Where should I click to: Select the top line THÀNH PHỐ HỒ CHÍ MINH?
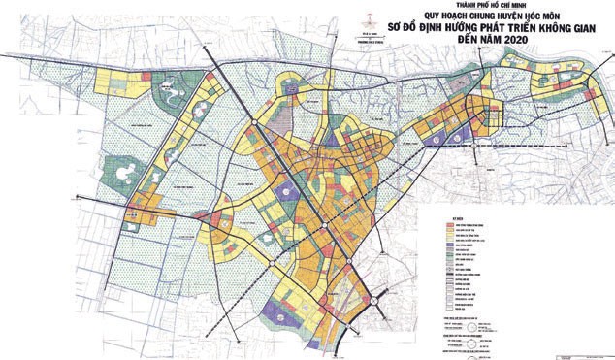point(307,6)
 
